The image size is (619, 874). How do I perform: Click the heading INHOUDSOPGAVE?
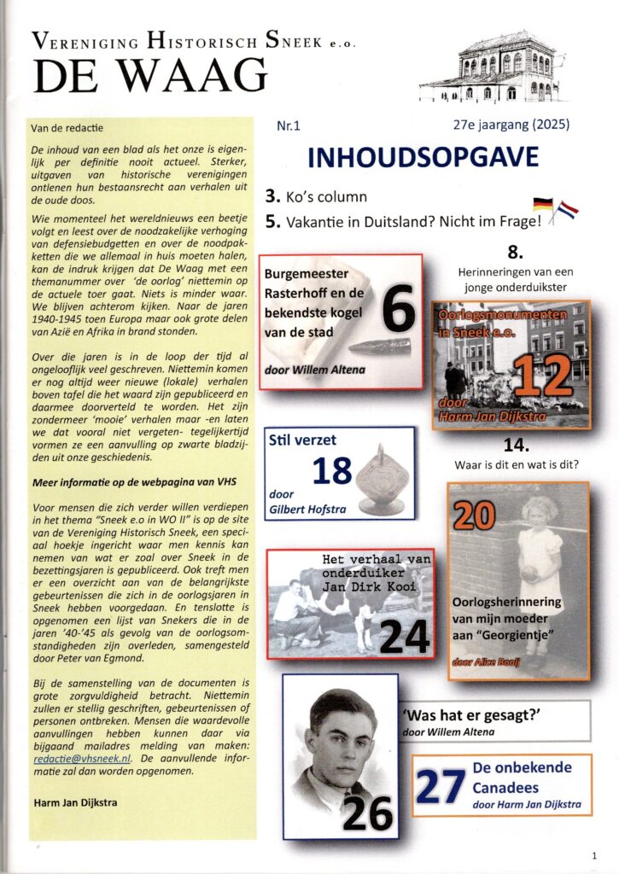(423, 157)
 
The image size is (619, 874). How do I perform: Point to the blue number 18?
(331, 472)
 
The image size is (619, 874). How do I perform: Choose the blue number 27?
(441, 787)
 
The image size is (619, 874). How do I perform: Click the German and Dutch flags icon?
(555, 210)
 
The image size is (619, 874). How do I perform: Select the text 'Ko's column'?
(324, 196)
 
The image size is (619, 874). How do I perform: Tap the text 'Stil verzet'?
(302, 442)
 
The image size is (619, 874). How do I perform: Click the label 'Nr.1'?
(289, 126)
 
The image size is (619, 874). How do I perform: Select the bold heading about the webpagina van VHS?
(128, 482)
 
